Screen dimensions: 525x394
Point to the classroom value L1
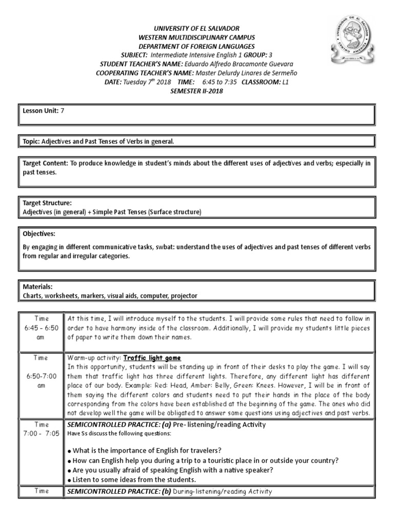pyautogui.click(x=286, y=81)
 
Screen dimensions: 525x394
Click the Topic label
pyautogui.click(x=31, y=141)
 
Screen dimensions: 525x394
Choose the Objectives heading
pyautogui.click(x=38, y=233)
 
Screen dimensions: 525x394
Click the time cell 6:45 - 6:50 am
pyautogui.click(x=41, y=327)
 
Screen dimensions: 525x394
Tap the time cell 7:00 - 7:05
pyautogui.click(x=41, y=432)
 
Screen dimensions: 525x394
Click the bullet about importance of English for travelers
pyautogui.click(x=144, y=451)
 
